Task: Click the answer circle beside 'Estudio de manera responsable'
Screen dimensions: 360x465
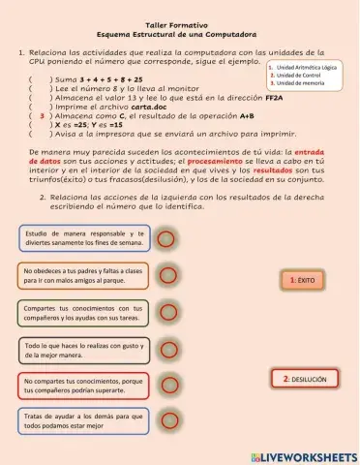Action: click(166, 238)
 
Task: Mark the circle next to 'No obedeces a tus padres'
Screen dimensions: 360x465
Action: click(166, 275)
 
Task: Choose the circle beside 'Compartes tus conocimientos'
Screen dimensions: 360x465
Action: click(166, 312)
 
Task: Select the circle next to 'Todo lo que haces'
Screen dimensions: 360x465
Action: click(166, 350)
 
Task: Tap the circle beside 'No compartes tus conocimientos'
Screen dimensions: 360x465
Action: click(166, 387)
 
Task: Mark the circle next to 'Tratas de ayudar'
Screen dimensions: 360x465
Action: click(166, 422)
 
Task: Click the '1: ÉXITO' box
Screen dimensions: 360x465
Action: click(303, 280)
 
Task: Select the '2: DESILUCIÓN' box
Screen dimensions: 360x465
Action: click(305, 380)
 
